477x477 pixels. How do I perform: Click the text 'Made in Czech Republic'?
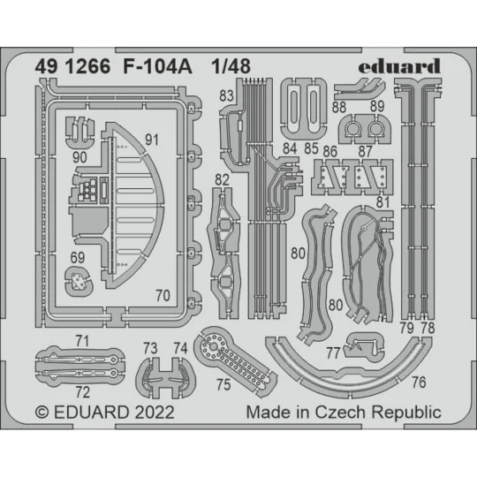343,413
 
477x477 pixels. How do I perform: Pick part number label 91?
151,139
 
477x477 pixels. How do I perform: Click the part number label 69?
79,257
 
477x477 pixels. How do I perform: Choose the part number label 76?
419,382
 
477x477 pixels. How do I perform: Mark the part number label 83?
228,94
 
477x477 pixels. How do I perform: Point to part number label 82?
222,179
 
